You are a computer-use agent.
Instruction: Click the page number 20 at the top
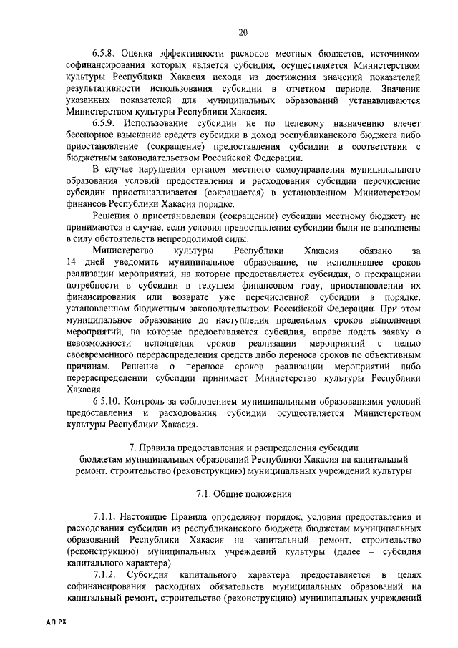(x=243, y=31)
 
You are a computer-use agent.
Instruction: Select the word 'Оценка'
(x=142, y=54)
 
